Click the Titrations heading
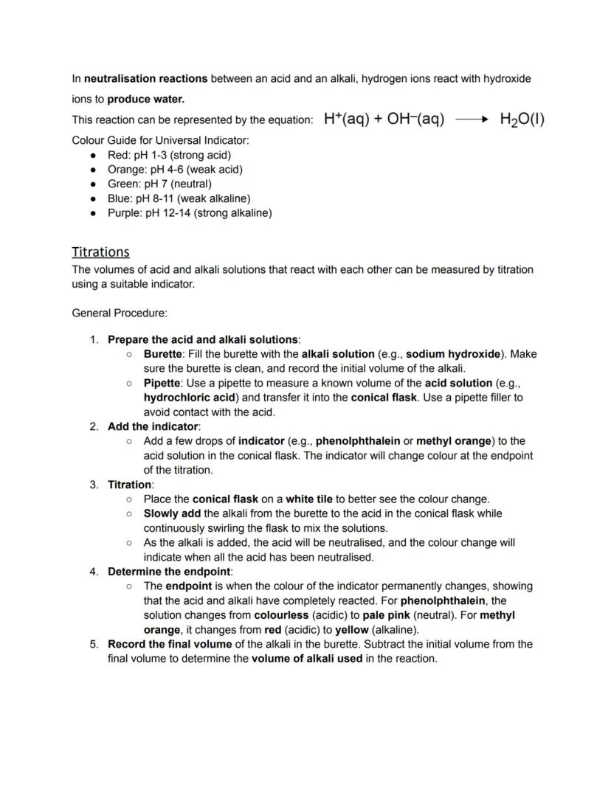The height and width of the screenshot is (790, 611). coord(100,252)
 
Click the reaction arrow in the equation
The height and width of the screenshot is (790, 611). coord(472,119)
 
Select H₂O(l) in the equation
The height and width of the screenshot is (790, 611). coord(522,119)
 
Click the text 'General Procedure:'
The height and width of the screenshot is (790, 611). coord(120,313)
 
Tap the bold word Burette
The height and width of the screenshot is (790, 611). coord(162,354)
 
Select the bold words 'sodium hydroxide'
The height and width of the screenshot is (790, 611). coord(453,354)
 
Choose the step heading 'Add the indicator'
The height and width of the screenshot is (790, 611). coord(153,426)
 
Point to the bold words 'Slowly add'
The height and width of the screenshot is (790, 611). coord(172,513)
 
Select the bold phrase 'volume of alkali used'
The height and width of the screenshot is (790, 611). coord(307,659)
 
